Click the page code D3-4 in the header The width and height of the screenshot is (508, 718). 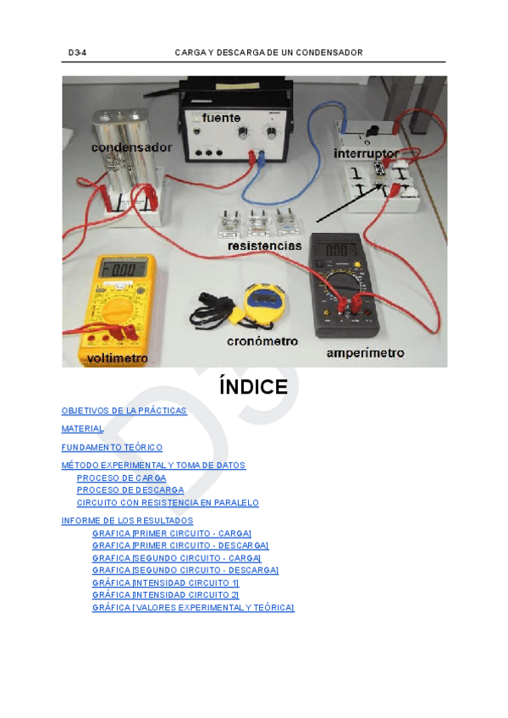(77, 52)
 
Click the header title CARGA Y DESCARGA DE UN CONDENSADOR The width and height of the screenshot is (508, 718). (268, 52)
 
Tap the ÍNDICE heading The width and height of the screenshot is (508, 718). (253, 388)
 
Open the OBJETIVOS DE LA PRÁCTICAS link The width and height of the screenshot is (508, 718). (124, 411)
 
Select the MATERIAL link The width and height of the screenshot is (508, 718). (82, 429)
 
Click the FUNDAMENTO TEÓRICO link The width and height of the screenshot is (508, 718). (112, 447)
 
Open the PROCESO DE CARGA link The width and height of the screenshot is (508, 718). (121, 478)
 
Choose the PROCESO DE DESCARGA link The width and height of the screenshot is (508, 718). (130, 490)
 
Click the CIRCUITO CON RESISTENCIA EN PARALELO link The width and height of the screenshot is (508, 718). (168, 503)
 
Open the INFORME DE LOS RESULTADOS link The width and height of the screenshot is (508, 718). (127, 521)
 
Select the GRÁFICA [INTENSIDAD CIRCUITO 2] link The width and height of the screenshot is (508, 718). (166, 595)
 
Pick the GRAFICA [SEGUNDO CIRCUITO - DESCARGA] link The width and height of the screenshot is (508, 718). (185, 571)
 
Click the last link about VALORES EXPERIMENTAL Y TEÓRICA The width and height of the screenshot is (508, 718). (193, 608)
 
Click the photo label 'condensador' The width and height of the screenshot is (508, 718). (131, 147)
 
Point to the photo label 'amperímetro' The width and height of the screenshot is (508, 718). (365, 352)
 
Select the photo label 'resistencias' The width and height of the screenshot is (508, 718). (264, 246)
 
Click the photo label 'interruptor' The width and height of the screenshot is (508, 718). (366, 153)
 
